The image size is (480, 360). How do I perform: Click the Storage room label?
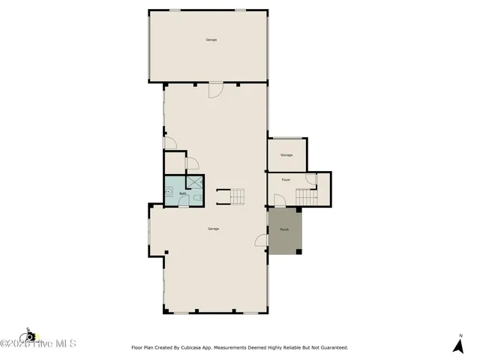click(286, 155)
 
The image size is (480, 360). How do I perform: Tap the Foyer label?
click(286, 181)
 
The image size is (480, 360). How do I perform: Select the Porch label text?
click(285, 229)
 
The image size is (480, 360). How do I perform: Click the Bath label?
click(182, 193)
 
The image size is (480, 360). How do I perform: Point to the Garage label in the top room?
click(211, 40)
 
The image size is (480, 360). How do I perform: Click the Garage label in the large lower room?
click(214, 229)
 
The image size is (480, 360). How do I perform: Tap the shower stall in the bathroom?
click(195, 181)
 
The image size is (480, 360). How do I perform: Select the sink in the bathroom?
click(169, 192)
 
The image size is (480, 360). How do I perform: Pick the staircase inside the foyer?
click(305, 196)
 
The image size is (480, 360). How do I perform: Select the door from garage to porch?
click(262, 240)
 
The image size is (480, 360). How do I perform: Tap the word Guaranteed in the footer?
click(331, 348)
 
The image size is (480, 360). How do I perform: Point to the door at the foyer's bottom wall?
click(279, 201)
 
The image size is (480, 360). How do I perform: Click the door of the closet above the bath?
click(191, 162)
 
